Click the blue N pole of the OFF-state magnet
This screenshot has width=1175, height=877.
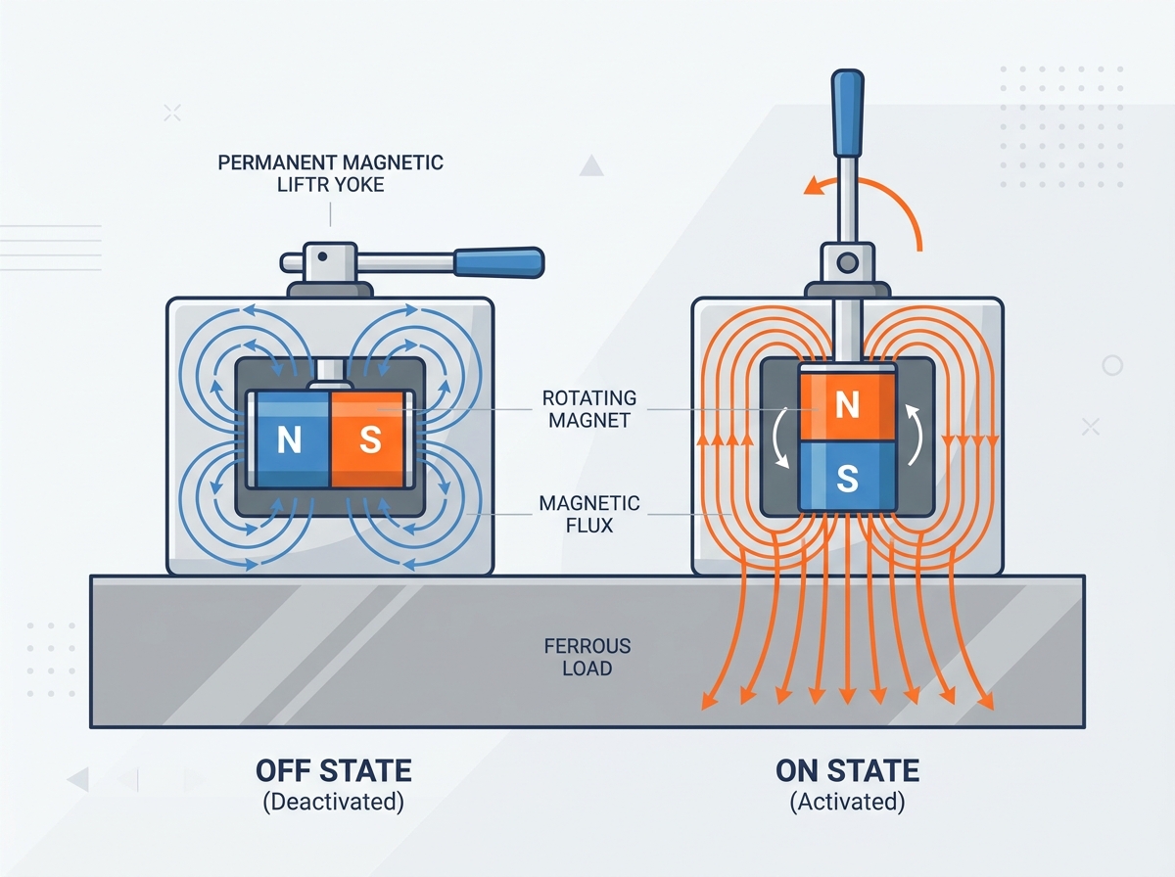pos(292,439)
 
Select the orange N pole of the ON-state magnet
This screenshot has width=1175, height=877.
pos(847,405)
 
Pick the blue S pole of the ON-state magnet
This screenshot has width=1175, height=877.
pos(847,477)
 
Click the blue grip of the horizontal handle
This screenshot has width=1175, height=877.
pos(499,262)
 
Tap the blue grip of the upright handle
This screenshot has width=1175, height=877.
pos(847,113)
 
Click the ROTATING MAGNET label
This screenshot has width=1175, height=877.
pos(589,409)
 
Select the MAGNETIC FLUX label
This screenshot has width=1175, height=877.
pos(589,514)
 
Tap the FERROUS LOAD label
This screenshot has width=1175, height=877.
pos(587,657)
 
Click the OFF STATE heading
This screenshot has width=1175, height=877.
pos(334,770)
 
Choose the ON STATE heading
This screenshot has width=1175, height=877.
pos(847,770)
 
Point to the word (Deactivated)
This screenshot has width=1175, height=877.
pos(334,802)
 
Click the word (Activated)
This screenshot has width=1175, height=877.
pos(847,802)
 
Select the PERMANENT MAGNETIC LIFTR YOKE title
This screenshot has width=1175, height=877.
pos(330,173)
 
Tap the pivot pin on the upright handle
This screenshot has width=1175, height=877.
pos(847,262)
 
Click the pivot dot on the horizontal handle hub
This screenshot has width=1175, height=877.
pos(322,256)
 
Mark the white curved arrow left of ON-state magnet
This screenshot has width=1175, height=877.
pos(780,438)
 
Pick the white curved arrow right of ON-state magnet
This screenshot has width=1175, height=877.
pos(916,435)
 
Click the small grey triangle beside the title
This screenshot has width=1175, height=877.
pos(591,166)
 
